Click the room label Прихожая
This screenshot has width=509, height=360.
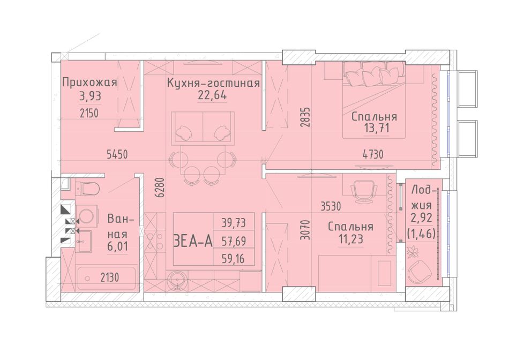tap(89, 82)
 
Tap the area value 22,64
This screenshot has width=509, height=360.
tap(212, 95)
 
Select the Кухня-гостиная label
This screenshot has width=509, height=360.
tap(213, 83)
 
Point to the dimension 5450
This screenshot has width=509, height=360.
tap(117, 154)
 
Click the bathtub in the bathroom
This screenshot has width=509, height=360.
tap(107, 277)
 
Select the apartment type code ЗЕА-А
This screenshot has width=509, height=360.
tap(193, 242)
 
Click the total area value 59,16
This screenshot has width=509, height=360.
tap(234, 259)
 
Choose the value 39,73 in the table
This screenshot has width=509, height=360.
tap(234, 223)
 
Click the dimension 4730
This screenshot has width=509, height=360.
tap(373, 154)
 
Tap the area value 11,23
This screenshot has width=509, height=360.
tap(350, 239)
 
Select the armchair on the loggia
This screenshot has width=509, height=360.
tap(418, 272)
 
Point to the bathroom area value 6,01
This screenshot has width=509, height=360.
tap(117, 246)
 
